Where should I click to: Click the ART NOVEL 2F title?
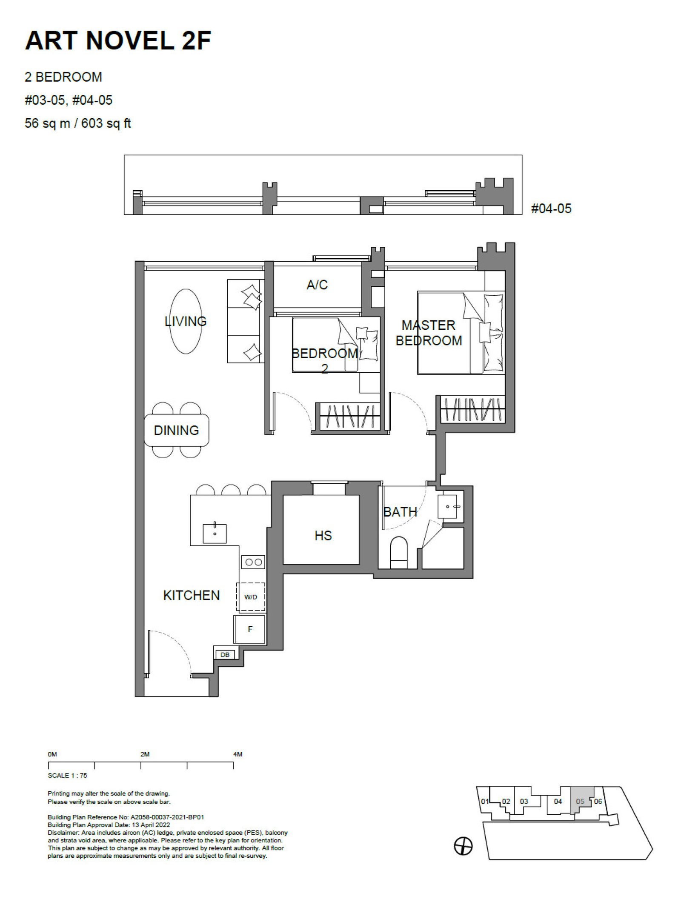118,41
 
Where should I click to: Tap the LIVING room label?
186,321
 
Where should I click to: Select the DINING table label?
176,430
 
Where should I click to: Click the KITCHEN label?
192,595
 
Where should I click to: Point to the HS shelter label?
323,536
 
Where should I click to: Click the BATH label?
400,512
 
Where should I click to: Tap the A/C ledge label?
317,285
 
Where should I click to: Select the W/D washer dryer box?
251,597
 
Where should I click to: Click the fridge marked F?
249,629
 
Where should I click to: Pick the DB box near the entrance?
225,655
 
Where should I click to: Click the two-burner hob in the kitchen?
253,562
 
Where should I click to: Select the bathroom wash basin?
448,506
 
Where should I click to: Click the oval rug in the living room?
186,321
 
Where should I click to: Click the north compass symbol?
464,846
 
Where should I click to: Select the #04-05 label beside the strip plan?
551,208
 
